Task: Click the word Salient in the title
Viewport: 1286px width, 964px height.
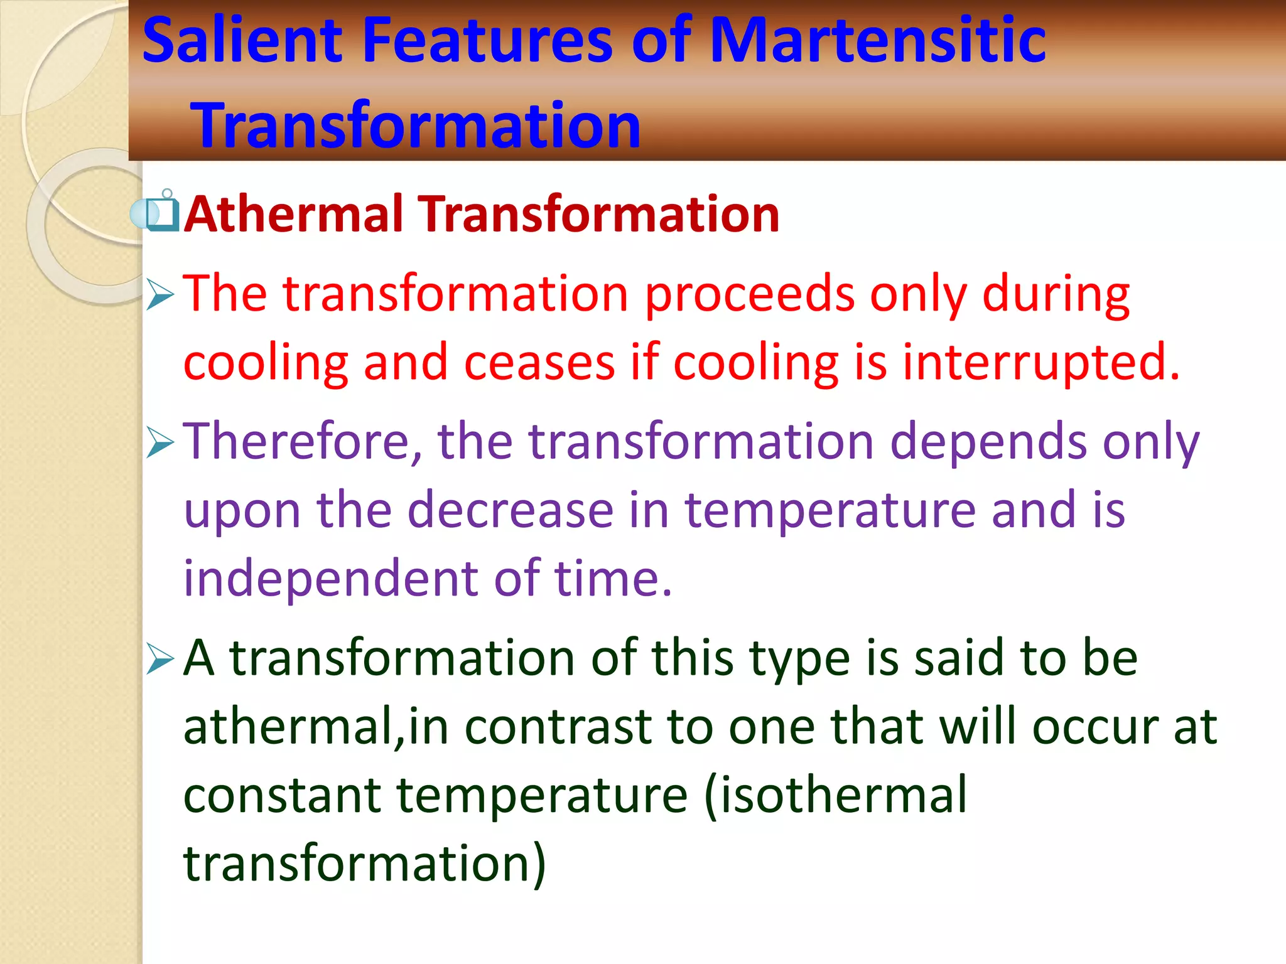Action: click(x=242, y=41)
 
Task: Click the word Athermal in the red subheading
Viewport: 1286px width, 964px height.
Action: click(x=293, y=215)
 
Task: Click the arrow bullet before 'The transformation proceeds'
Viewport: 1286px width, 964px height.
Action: click(x=159, y=295)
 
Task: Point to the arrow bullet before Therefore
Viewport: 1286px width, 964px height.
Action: click(x=159, y=442)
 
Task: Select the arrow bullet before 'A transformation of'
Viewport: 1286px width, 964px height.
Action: click(x=159, y=660)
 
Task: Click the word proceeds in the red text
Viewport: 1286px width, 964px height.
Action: click(x=750, y=295)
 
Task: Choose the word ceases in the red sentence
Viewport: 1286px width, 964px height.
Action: click(x=539, y=363)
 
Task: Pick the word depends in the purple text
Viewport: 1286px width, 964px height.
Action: click(x=988, y=442)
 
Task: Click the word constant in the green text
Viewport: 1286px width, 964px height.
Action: click(x=282, y=795)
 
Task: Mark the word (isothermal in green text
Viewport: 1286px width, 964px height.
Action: click(x=835, y=795)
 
